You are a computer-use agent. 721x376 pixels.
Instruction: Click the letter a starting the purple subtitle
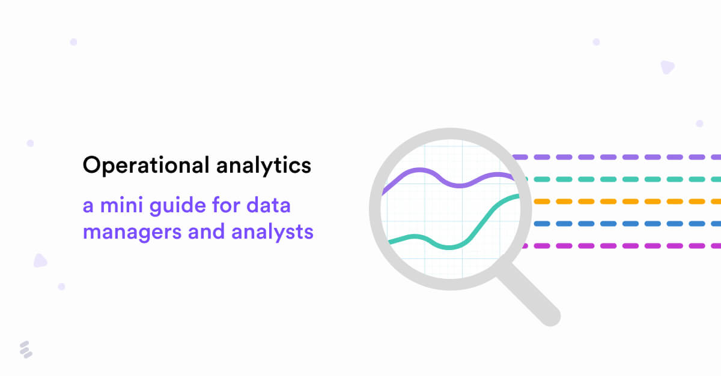click(x=88, y=207)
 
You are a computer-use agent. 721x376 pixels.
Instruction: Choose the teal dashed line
click(x=619, y=179)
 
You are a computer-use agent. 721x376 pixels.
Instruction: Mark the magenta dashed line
click(x=619, y=246)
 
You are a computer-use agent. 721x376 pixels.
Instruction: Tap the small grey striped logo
click(x=25, y=350)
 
